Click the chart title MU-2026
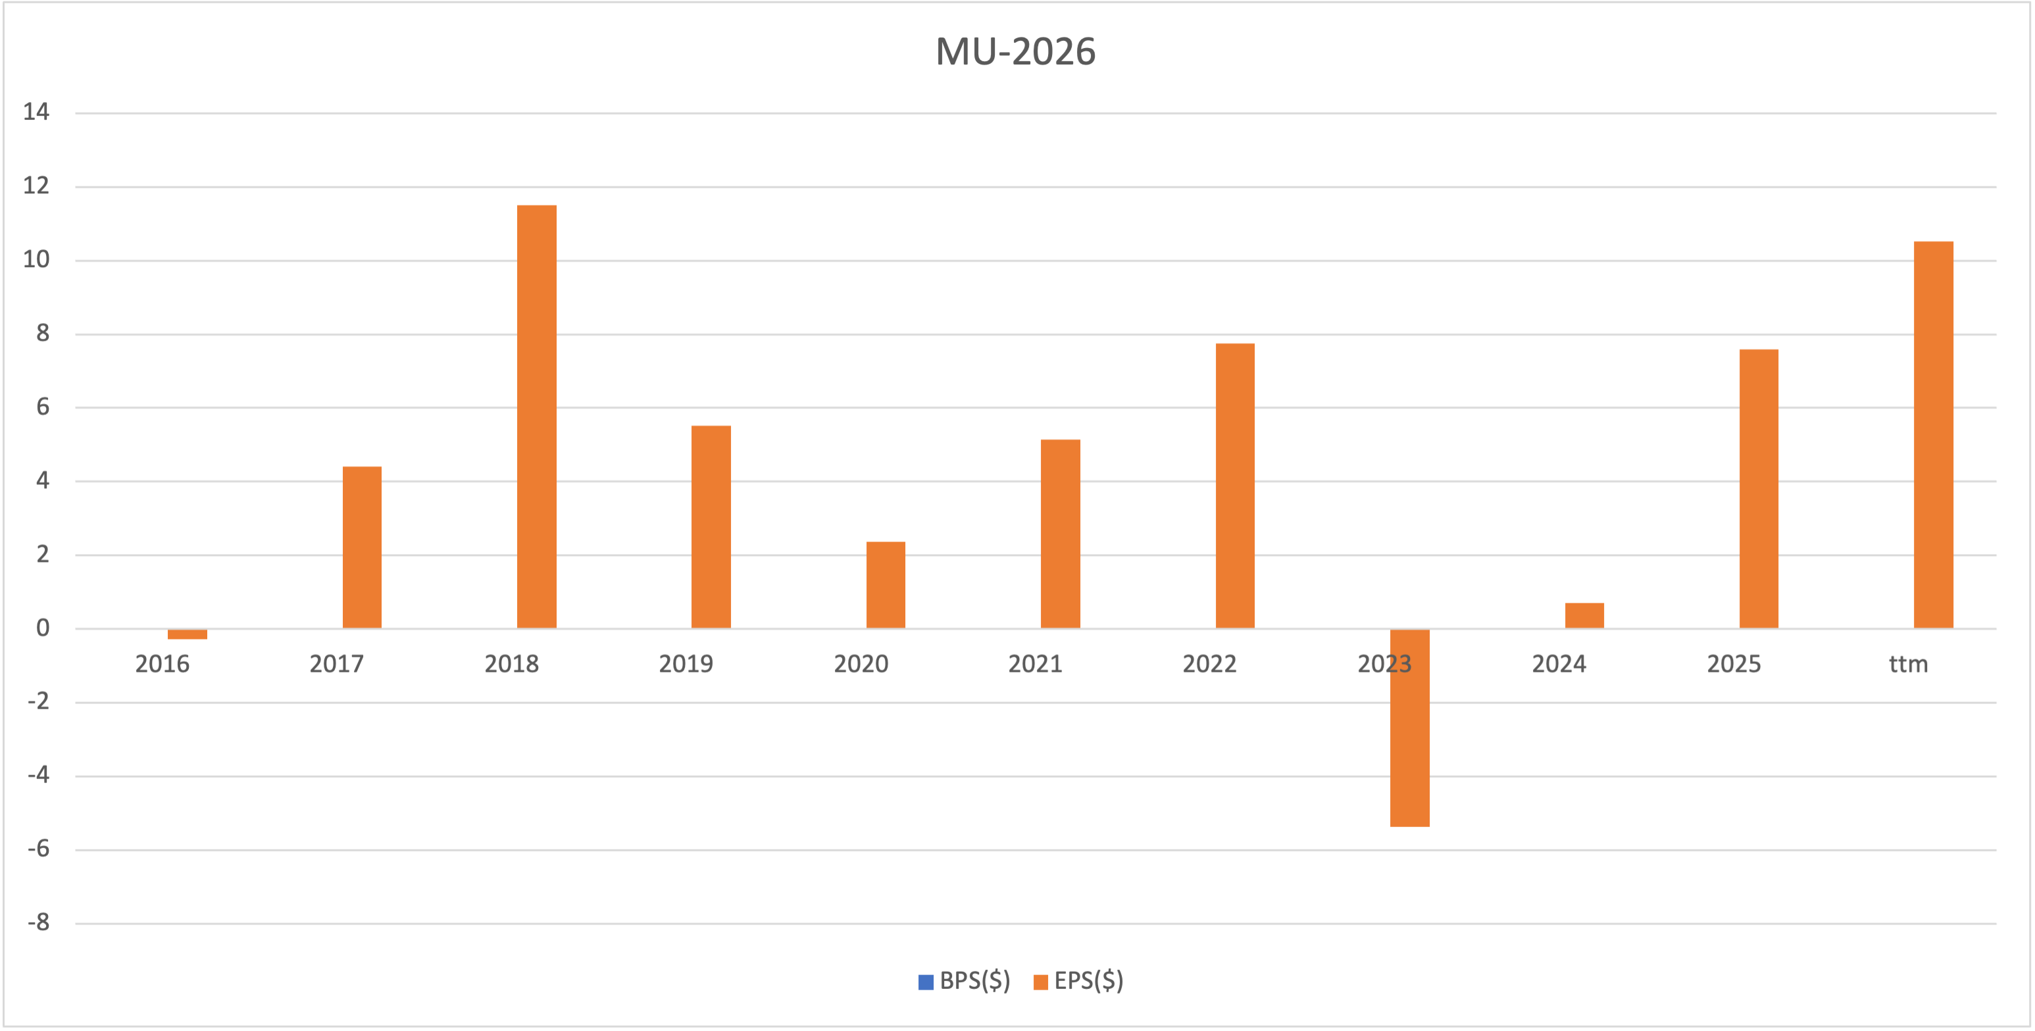pyautogui.click(x=1015, y=52)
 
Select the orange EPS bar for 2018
pyautogui.click(x=536, y=416)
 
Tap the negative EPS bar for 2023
pyautogui.click(x=1409, y=728)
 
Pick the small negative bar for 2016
pyautogui.click(x=188, y=634)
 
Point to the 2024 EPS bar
pyautogui.click(x=1584, y=615)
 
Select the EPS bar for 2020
pyautogui.click(x=886, y=585)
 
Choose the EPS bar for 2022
pyautogui.click(x=1235, y=486)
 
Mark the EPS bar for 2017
pyautogui.click(x=362, y=547)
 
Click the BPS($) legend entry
pyautogui.click(x=965, y=981)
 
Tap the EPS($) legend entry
pyautogui.click(x=1079, y=981)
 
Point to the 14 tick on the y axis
pyautogui.click(x=36, y=113)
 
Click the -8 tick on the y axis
pyautogui.click(x=38, y=922)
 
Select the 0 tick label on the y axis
pyautogui.click(x=43, y=629)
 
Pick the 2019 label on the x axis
pyautogui.click(x=686, y=665)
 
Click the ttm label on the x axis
pyautogui.click(x=1908, y=665)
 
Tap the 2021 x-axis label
pyautogui.click(x=1035, y=665)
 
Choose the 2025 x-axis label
pyautogui.click(x=1733, y=665)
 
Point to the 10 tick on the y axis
pyautogui.click(x=36, y=260)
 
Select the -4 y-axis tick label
pyautogui.click(x=38, y=775)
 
